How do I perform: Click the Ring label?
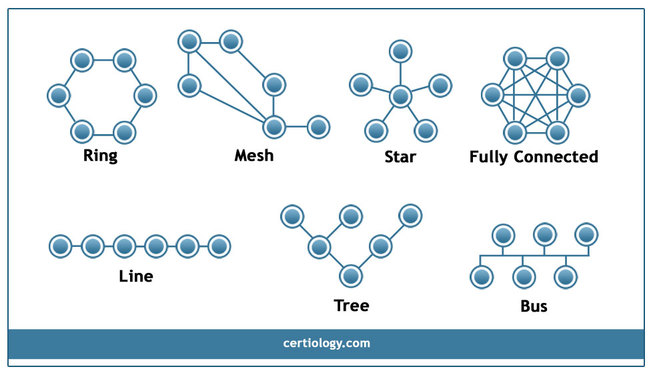pos(100,155)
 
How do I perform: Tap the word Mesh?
pos(254,155)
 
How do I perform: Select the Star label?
pos(400,157)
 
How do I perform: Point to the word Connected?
pos(556,157)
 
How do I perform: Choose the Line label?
pos(136,276)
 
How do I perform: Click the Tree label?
pos(352,305)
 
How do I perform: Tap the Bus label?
pos(534,306)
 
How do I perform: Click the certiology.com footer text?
pos(327,343)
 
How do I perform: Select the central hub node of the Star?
pos(400,97)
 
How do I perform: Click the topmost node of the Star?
pos(401,51)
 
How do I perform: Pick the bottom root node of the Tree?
pos(351,276)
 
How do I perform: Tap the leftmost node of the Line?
pos(61,246)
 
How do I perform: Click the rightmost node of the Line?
pos(219,246)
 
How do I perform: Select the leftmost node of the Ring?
pos(58,95)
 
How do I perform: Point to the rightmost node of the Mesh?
pos(319,127)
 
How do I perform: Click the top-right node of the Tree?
pos(410,216)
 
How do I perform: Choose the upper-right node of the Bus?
pos(586,234)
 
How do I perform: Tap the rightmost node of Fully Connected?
pos(578,95)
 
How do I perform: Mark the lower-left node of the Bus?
pos(482,277)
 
